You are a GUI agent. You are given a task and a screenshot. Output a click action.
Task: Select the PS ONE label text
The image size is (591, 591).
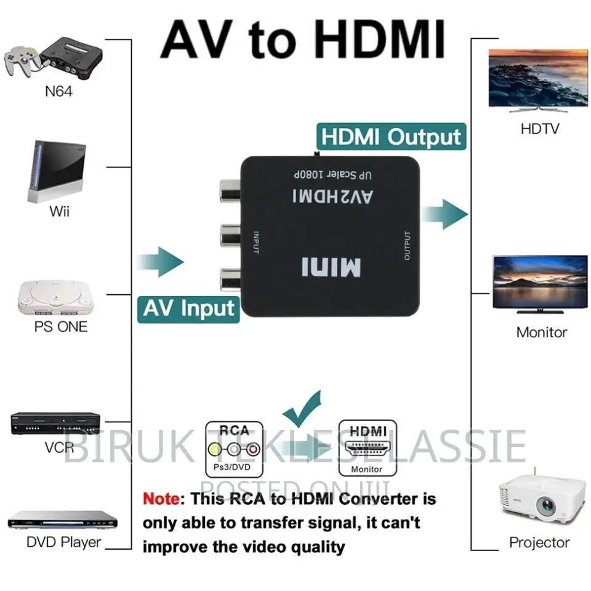tap(60, 326)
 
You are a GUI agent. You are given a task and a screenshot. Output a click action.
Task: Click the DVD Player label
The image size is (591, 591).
tap(63, 542)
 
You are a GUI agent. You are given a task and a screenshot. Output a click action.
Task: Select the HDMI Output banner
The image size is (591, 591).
tap(390, 137)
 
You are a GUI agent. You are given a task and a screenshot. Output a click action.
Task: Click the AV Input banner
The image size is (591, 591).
tap(189, 308)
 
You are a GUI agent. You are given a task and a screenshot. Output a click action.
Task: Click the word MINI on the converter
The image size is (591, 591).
tap(331, 267)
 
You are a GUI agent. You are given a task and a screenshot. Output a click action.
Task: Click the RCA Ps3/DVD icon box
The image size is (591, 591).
tap(234, 448)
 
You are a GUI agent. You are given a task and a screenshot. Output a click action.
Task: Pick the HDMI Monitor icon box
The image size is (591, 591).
tap(368, 448)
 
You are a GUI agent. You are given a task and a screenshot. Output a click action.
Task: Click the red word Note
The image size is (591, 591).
tap(162, 499)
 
